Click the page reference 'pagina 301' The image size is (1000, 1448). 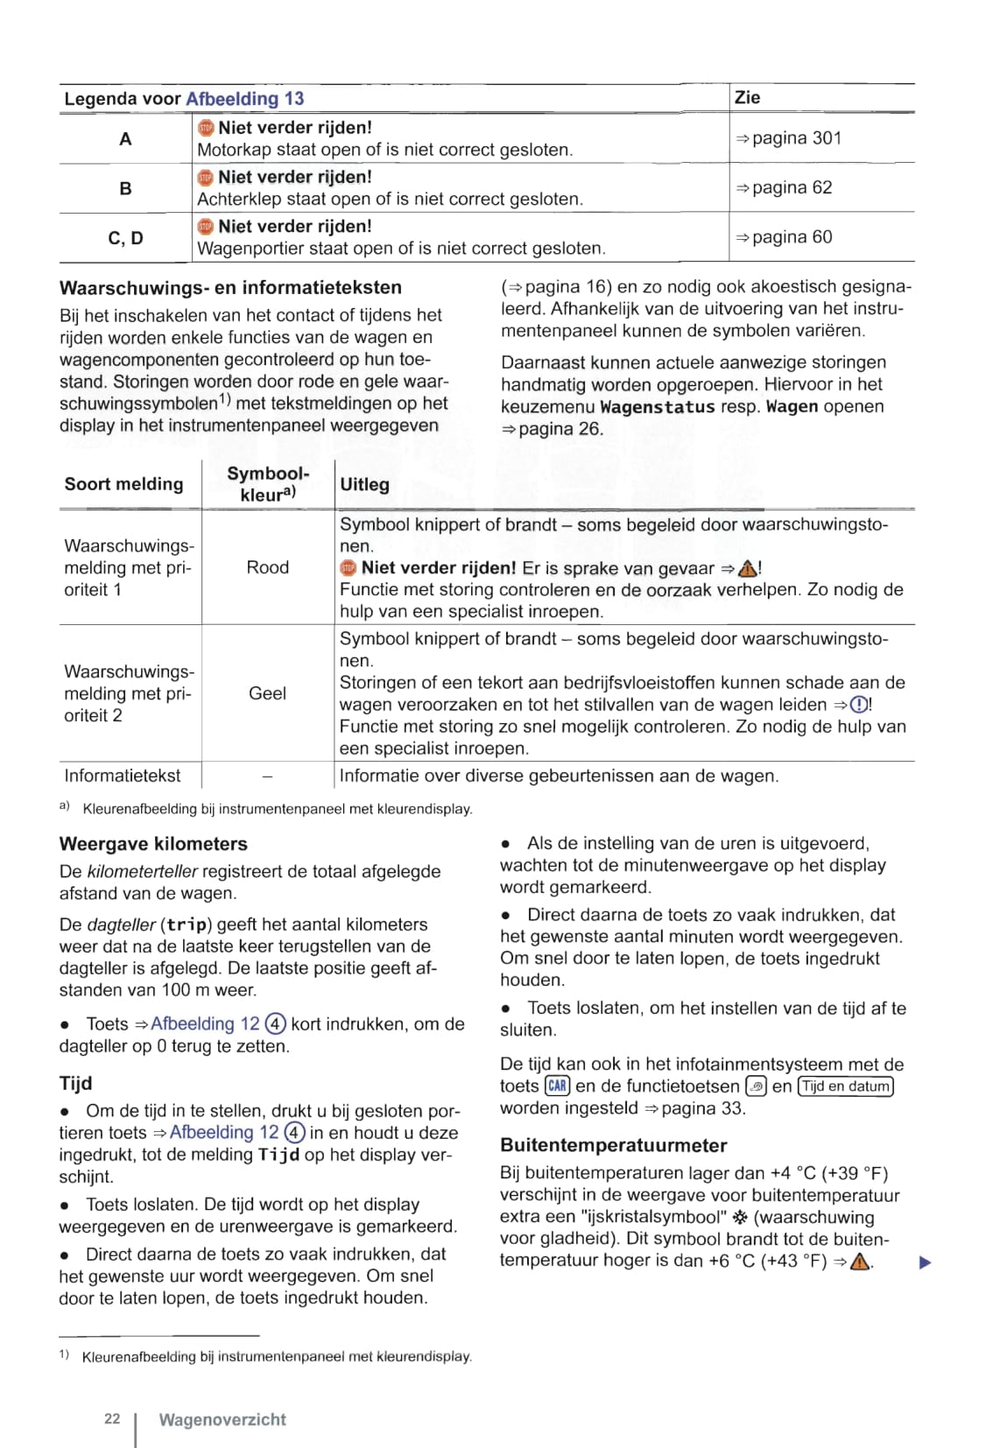point(796,138)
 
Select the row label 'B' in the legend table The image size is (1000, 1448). point(125,188)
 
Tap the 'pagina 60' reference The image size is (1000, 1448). point(792,237)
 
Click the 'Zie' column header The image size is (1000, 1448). point(747,98)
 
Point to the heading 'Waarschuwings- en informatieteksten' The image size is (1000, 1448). point(230,288)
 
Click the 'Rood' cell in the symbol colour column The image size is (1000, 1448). point(267,567)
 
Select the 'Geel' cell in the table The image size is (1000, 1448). point(267,693)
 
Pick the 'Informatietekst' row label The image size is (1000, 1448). point(122,776)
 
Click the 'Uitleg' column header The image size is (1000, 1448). point(364,484)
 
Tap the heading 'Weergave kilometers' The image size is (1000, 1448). point(153,844)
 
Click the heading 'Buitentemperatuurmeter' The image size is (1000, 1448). point(613,1145)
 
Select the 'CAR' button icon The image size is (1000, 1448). point(557,1086)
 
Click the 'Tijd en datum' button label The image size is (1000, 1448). point(845,1086)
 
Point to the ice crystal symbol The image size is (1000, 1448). point(741,1218)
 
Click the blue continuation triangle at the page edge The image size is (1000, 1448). point(925,1262)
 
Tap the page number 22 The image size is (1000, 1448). point(112,1419)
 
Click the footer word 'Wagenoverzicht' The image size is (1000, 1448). point(222,1420)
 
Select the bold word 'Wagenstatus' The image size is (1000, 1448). point(657,407)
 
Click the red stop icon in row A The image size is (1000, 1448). point(206,128)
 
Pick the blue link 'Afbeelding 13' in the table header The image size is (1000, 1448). point(245,99)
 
